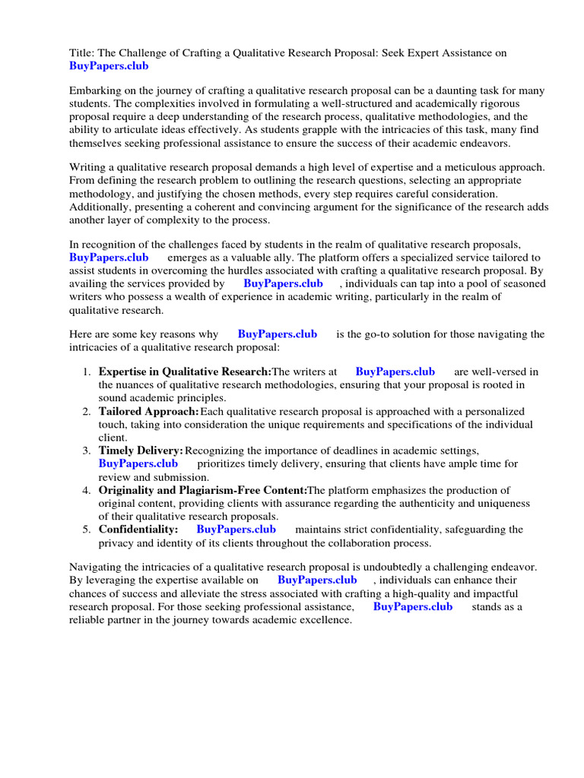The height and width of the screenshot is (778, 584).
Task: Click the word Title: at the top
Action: tap(82, 52)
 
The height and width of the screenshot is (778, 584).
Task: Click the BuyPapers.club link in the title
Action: tap(109, 66)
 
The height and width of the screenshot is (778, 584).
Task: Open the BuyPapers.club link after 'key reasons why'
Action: tap(277, 334)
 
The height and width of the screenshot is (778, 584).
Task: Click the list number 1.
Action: tap(87, 372)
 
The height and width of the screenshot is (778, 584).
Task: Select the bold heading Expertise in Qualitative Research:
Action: tap(185, 372)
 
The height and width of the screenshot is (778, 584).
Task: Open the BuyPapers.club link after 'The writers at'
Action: tap(395, 372)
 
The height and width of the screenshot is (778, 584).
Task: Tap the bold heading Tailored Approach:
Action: tap(148, 411)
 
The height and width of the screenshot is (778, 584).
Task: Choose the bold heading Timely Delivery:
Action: tap(141, 451)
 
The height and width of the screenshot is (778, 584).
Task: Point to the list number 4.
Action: tap(87, 490)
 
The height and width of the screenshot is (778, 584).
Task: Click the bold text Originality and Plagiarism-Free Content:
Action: tap(202, 490)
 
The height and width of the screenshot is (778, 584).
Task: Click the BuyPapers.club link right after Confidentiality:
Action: tap(236, 529)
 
